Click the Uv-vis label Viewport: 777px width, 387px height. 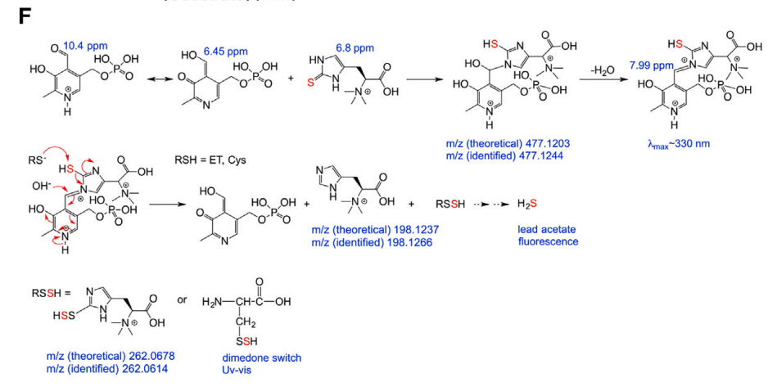238,370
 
